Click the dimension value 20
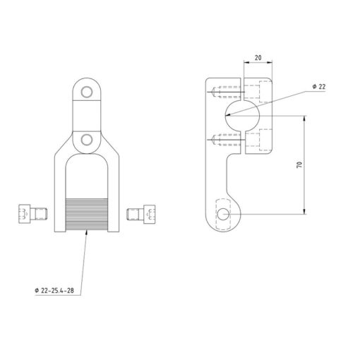pyautogui.click(x=258, y=58)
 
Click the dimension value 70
pyautogui.click(x=299, y=164)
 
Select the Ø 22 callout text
pyautogui.click(x=319, y=87)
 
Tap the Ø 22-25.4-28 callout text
pyautogui.click(x=54, y=291)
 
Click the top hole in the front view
pyautogui.click(x=87, y=92)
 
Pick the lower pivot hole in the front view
pyautogui.click(x=87, y=140)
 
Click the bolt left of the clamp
pyautogui.click(x=33, y=214)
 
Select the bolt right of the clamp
pyautogui.click(x=141, y=214)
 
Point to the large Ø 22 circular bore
pyautogui.click(x=242, y=116)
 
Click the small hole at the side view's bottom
pyautogui.click(x=223, y=215)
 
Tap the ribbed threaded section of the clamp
pyautogui.click(x=87, y=215)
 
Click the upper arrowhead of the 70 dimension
pyautogui.click(x=304, y=119)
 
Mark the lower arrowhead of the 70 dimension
pyautogui.click(x=304, y=211)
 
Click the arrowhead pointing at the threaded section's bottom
pyautogui.click(x=86, y=233)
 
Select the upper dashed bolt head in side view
pyautogui.click(x=265, y=92)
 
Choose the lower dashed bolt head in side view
pyautogui.click(x=265, y=140)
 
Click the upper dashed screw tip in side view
pyautogui.click(x=214, y=92)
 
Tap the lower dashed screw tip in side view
pyautogui.click(x=214, y=140)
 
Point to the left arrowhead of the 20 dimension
pyautogui.click(x=247, y=62)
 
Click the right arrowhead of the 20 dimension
pyautogui.click(x=270, y=62)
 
